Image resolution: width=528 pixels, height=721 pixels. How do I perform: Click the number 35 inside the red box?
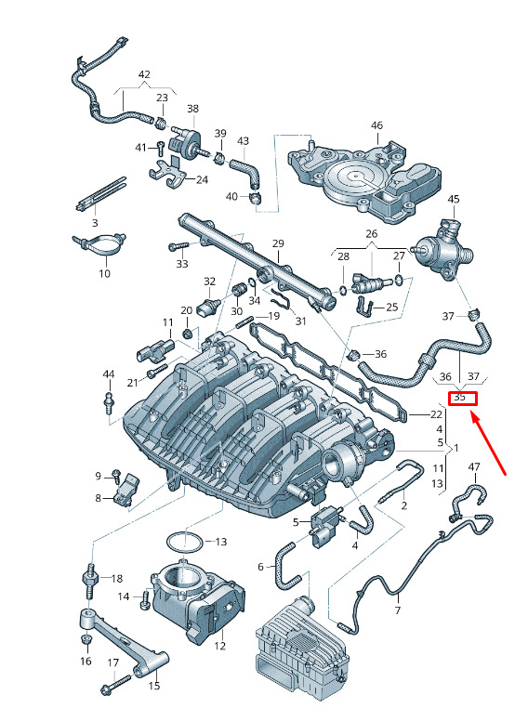[459, 398]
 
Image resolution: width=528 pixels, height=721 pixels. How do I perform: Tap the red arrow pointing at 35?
[488, 443]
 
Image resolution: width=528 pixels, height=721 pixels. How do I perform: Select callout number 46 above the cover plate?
[376, 125]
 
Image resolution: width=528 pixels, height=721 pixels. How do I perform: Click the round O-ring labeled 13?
[184, 543]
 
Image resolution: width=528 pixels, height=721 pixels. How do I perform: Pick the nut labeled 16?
[86, 640]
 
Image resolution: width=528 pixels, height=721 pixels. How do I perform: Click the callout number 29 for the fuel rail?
[278, 243]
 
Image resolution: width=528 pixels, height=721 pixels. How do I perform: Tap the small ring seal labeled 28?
[343, 290]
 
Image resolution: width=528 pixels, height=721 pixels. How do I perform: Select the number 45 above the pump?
[454, 199]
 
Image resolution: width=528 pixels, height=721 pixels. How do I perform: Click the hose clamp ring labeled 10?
[100, 243]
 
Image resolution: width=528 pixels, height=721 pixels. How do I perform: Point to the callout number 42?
[144, 74]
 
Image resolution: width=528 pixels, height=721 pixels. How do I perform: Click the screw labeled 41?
[160, 148]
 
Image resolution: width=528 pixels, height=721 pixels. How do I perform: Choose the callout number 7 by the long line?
[398, 610]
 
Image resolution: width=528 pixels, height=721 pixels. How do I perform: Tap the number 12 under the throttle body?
[220, 646]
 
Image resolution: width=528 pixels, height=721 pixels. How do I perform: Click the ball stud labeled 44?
[109, 401]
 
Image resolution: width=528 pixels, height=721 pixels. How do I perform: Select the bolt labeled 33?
[178, 247]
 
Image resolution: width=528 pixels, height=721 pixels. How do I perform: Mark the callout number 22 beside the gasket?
[436, 414]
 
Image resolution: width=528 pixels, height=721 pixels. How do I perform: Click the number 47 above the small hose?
[474, 467]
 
